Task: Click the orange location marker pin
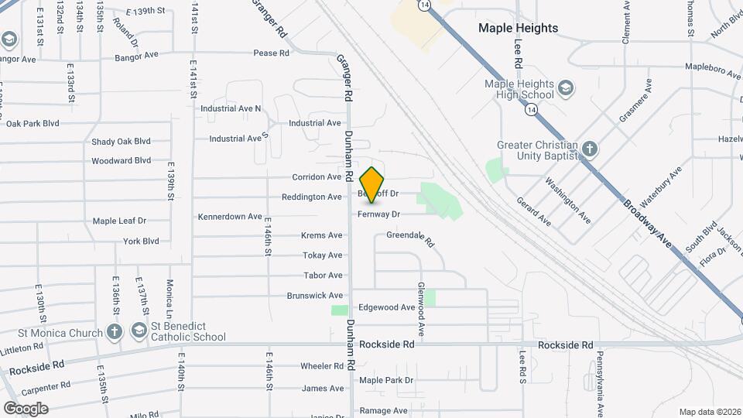(x=372, y=185)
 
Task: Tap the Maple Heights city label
(x=518, y=28)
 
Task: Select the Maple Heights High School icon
(x=566, y=86)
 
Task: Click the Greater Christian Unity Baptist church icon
(x=590, y=149)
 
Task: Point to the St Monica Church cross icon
(x=115, y=332)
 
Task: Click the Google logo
(x=26, y=408)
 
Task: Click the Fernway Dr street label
(x=379, y=214)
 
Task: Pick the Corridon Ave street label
(x=317, y=177)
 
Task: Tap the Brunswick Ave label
(x=314, y=296)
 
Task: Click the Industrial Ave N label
(x=231, y=108)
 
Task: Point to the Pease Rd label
(x=271, y=53)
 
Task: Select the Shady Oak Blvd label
(x=121, y=142)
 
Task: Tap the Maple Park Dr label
(x=386, y=380)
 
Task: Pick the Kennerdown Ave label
(x=230, y=217)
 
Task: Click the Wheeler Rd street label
(x=321, y=366)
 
